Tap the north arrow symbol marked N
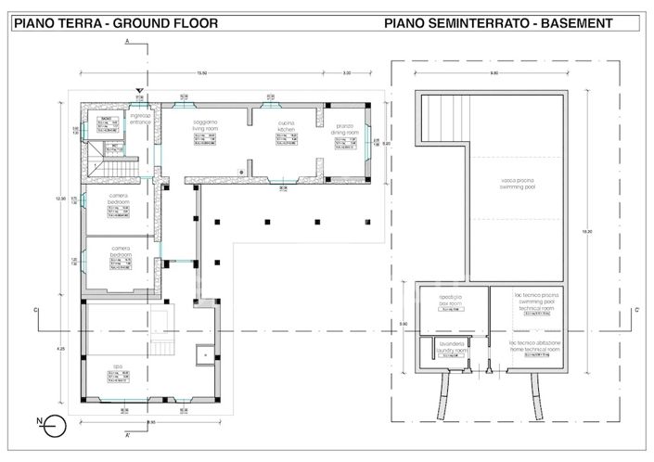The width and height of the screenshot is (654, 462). pos(54,427)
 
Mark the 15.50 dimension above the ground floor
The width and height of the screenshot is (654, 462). pos(200,72)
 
